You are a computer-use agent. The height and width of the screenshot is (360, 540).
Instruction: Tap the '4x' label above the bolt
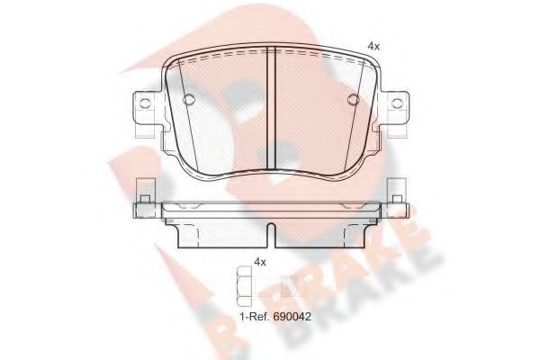pyautogui.click(x=261, y=262)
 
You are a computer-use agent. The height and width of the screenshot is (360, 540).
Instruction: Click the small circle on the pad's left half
pyautogui.click(x=189, y=100)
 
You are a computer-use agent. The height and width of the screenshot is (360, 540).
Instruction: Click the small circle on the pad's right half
pyautogui.click(x=353, y=100)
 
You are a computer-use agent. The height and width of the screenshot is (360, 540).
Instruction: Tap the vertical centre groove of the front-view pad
pyautogui.click(x=271, y=108)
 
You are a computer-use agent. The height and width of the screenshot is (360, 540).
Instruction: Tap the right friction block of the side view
pyautogui.click(x=319, y=231)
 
